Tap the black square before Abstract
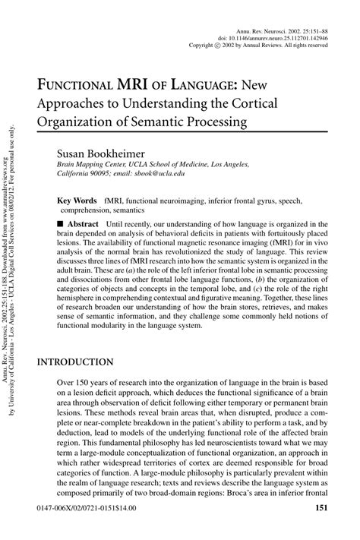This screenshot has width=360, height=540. (60, 225)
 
